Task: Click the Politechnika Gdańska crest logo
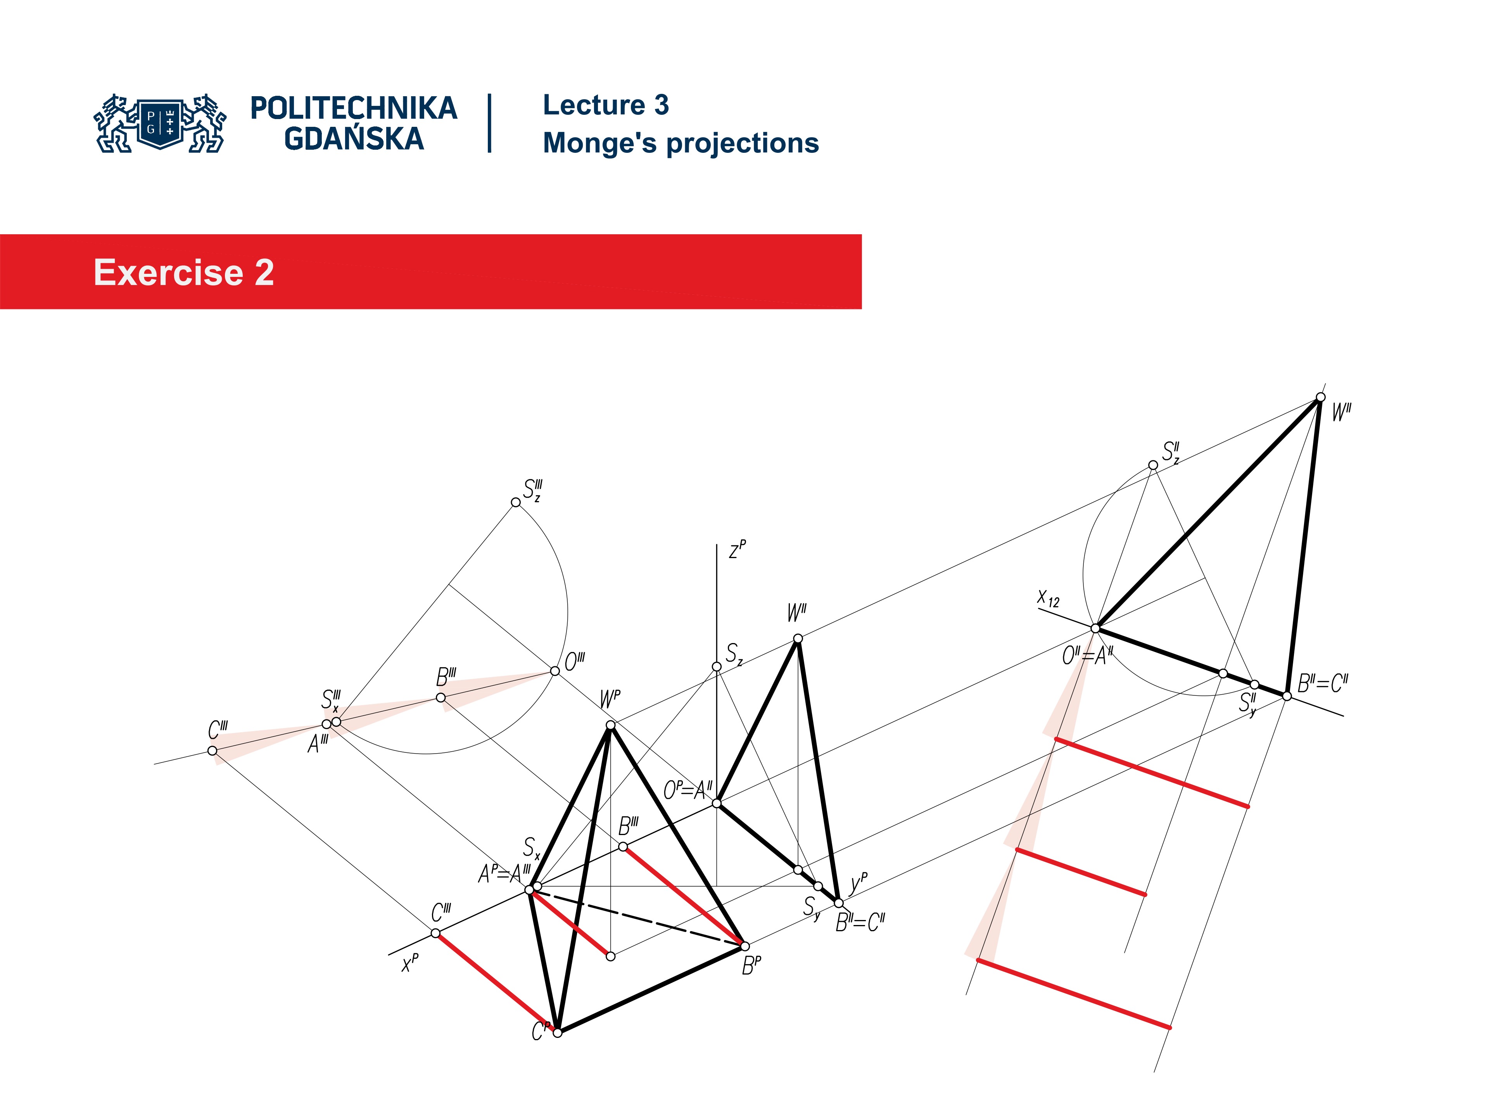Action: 160,123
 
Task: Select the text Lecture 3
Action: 605,105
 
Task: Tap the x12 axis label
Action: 1048,598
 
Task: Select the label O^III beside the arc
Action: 574,661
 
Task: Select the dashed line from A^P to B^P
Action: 639,919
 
